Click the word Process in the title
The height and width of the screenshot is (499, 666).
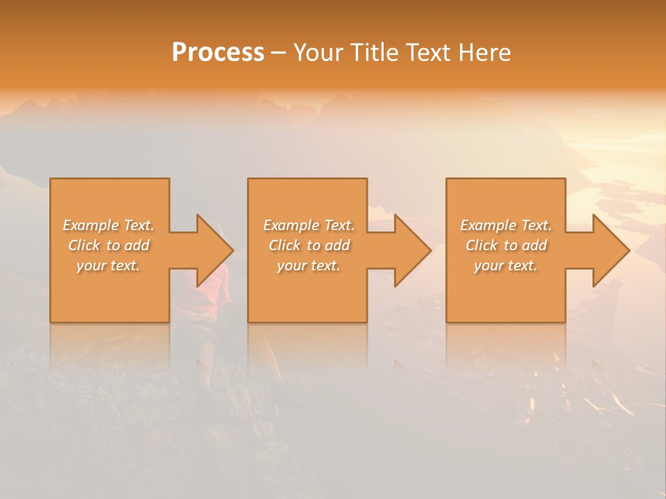218,53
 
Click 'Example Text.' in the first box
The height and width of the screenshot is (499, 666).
109,225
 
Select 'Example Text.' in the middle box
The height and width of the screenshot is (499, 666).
309,225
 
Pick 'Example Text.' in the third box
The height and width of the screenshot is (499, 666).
506,225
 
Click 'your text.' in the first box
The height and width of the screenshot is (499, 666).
108,265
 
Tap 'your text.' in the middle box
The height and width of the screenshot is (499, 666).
308,265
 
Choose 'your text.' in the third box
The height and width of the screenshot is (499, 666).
505,265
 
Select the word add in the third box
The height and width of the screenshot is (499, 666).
534,245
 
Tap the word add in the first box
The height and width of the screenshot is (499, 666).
137,245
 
